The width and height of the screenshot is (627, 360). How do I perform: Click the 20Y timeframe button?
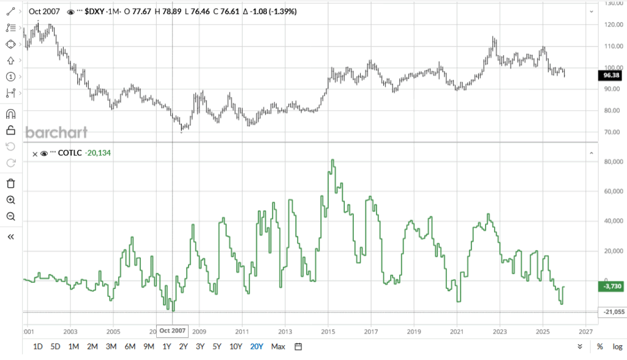coord(257,347)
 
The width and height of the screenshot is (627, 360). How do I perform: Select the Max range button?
coord(278,347)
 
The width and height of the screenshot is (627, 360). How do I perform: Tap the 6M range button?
coord(130,347)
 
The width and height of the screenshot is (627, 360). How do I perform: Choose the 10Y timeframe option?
coord(236,347)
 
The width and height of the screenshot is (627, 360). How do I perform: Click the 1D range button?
coord(37,347)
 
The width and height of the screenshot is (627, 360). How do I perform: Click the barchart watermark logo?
coord(56,133)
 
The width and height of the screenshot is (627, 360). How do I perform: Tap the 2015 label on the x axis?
coord(328,331)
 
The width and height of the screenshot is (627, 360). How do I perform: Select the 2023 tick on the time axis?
coord(500,331)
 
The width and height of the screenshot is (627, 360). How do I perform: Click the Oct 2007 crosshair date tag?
coord(172,331)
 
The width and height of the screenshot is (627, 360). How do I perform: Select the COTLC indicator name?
coord(72,154)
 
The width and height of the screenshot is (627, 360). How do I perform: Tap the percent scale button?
coord(600,347)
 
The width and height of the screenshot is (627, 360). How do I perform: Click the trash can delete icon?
coord(10,183)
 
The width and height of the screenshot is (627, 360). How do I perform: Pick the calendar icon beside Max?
coord(298,347)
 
